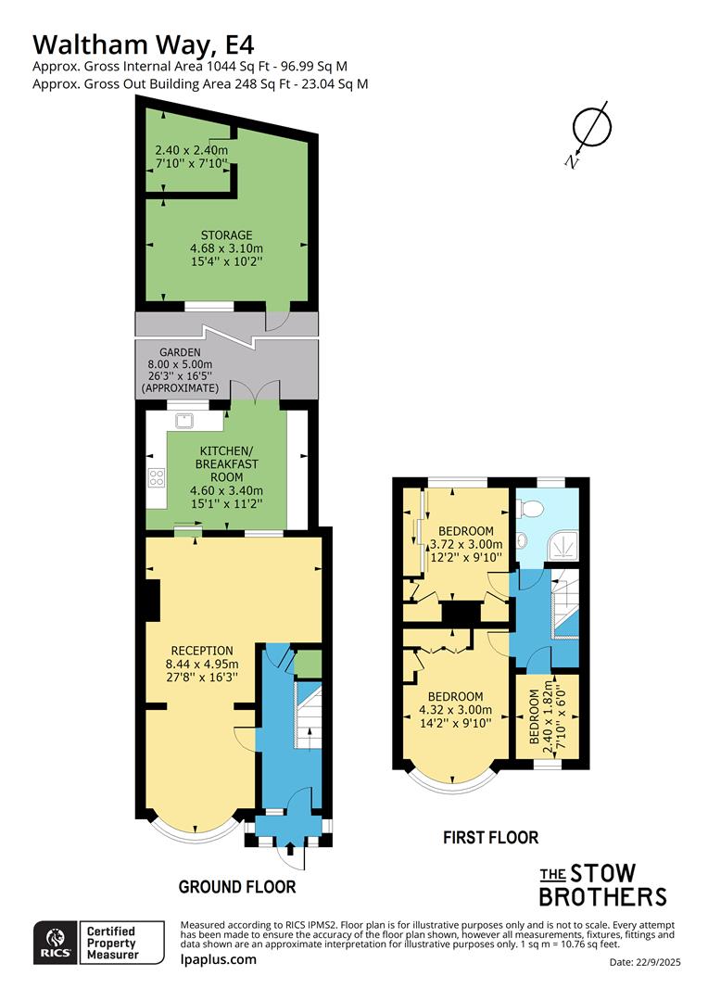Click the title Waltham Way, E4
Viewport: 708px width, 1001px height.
144,44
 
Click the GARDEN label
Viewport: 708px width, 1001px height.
173,353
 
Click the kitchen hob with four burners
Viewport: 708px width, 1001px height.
157,479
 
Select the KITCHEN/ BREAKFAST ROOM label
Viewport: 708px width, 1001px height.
226,462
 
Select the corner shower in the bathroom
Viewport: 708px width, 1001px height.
563,547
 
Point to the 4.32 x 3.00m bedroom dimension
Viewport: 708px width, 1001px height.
453,712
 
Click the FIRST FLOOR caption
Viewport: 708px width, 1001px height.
490,838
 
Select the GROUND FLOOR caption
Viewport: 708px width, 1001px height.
237,887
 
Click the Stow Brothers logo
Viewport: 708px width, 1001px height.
602,884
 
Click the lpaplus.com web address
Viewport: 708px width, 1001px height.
218,959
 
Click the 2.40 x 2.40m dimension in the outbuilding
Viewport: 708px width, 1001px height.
191,150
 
